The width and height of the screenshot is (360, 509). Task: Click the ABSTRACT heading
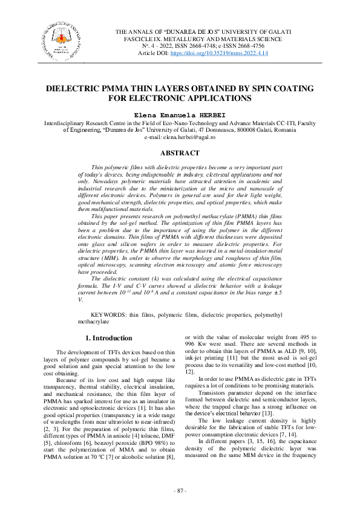point(180,154)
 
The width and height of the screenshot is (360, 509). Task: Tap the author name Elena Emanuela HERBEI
point(180,114)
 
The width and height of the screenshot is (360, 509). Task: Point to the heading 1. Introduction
point(108,338)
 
